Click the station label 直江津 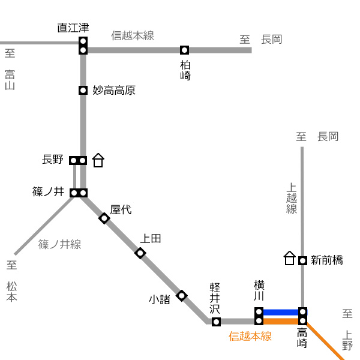[x=73, y=28]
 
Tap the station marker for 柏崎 [x=184, y=50]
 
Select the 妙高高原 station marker [x=83, y=90]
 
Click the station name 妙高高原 [x=114, y=90]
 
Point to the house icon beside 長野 [x=98, y=160]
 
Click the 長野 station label [x=53, y=160]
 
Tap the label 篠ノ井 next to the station [x=48, y=192]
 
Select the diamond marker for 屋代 [x=104, y=218]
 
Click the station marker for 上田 [x=140, y=253]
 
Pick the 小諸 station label [x=160, y=299]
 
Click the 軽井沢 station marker [x=216, y=322]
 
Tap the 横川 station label [x=259, y=290]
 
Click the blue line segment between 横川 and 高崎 [x=281, y=312]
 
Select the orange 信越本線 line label [x=250, y=336]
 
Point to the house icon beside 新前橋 [x=290, y=258]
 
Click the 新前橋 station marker [x=302, y=260]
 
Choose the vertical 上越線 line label [x=292, y=199]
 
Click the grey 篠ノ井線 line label [x=59, y=244]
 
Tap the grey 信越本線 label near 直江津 [x=133, y=35]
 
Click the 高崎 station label [x=302, y=338]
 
